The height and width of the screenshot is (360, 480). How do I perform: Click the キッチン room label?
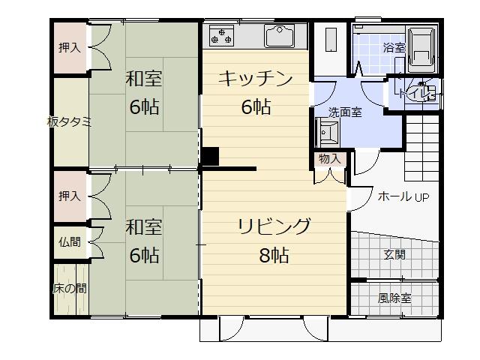[255, 78]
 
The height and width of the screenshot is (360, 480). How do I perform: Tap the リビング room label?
[274, 226]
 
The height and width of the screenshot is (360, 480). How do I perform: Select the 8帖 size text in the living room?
[274, 255]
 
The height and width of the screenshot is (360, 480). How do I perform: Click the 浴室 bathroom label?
[394, 47]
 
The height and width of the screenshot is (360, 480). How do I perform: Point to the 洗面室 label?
[345, 112]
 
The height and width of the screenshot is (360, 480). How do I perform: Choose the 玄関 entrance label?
[394, 254]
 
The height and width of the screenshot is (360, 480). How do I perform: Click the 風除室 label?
[394, 298]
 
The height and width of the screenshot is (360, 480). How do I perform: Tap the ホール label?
[394, 196]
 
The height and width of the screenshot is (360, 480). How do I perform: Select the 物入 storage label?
[330, 159]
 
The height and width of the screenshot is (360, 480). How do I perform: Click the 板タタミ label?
[69, 122]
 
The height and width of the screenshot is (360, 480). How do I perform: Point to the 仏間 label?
[69, 241]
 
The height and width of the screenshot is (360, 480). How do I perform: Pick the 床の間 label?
[69, 288]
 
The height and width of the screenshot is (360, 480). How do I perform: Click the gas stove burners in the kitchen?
[220, 34]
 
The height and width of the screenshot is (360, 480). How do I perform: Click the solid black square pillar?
[209, 156]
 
